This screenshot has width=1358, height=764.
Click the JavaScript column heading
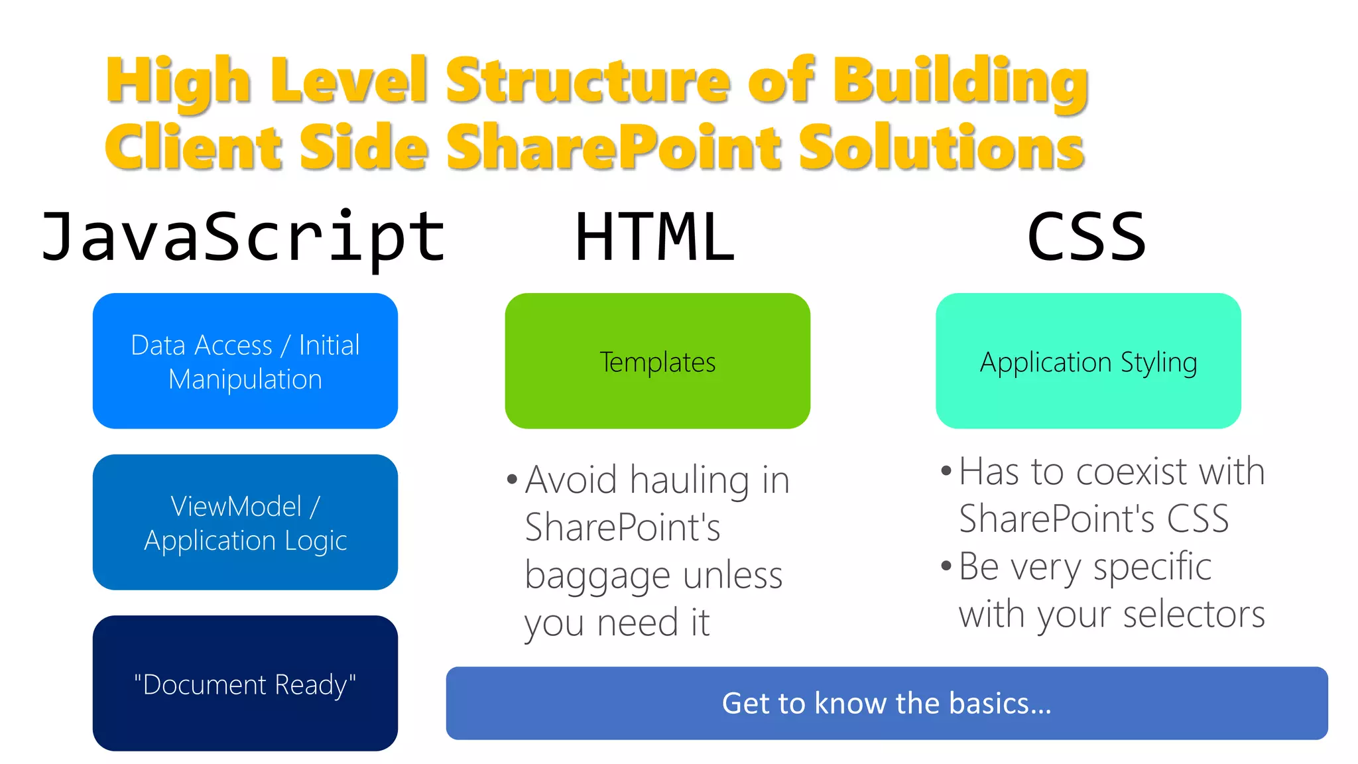[243, 237]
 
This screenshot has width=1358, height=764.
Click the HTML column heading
[655, 237]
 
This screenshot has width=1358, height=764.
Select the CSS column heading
[1086, 237]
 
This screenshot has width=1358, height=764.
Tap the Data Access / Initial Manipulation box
[245, 361]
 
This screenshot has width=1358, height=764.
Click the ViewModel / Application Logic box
[245, 522]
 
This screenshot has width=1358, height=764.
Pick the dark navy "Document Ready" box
[245, 683]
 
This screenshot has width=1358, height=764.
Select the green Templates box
[657, 361]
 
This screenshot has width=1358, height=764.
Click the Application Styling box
[1088, 361]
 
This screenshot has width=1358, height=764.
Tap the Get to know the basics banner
[887, 703]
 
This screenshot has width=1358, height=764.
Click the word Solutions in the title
[941, 147]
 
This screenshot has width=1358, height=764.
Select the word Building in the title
[961, 80]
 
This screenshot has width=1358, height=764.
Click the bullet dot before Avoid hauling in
[511, 479]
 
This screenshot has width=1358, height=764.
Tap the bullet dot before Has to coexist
[946, 472]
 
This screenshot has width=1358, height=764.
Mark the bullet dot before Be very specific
[946, 566]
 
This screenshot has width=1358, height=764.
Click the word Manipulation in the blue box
[245, 379]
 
